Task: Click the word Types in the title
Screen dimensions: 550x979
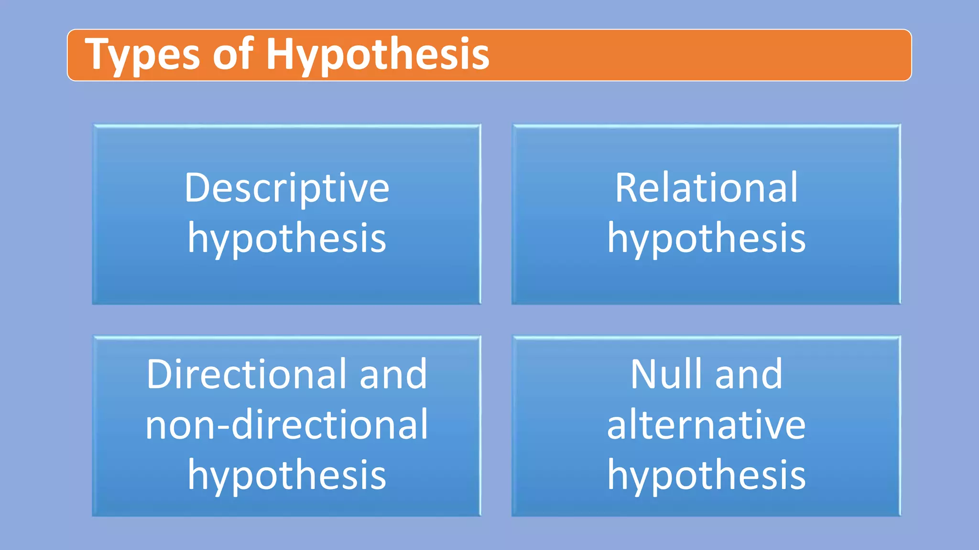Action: (142, 55)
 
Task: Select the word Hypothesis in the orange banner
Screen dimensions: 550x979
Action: (377, 55)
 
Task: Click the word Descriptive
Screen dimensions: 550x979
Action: (287, 188)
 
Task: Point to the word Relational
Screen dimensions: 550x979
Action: (706, 188)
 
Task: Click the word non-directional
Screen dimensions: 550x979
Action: (287, 424)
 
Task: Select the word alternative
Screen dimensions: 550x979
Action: (706, 424)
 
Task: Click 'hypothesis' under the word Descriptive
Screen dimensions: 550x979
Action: (287, 239)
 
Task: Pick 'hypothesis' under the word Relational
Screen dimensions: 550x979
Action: (706, 239)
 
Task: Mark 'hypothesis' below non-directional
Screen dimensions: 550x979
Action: (287, 476)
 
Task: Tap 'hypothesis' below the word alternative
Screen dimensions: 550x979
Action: (706, 476)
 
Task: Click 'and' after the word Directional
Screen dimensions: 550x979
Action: (393, 374)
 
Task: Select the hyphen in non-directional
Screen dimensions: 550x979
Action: (225, 426)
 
